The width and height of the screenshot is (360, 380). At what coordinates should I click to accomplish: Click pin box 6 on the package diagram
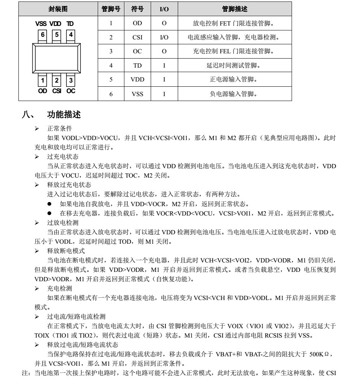(x=43, y=35)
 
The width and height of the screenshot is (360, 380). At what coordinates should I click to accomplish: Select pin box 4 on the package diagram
(x=70, y=35)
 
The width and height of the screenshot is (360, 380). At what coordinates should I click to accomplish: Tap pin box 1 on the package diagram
(x=43, y=80)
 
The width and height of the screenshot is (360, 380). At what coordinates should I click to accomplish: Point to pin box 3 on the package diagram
(x=70, y=80)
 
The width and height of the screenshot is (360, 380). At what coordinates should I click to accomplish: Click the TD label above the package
(x=70, y=24)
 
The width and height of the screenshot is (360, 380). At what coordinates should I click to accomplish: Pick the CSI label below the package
(x=56, y=91)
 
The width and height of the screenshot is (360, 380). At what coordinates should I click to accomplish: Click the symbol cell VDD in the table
(x=138, y=80)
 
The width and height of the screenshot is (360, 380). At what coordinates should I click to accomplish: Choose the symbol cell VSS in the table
(x=138, y=94)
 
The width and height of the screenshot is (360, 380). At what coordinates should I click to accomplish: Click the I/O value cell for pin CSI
(x=164, y=37)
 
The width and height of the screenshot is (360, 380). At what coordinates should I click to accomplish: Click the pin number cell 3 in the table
(x=111, y=51)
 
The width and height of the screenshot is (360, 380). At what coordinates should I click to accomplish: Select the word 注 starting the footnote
(x=23, y=373)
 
